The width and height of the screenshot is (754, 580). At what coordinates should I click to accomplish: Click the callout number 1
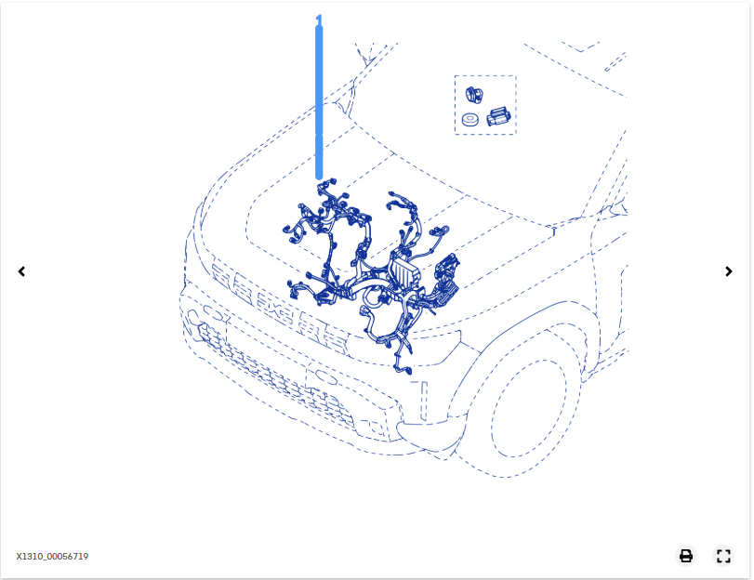(x=318, y=20)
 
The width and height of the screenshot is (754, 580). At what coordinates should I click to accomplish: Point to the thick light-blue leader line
(x=319, y=102)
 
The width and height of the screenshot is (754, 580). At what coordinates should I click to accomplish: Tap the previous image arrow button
(x=21, y=271)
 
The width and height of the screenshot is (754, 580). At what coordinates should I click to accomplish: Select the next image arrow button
(x=729, y=271)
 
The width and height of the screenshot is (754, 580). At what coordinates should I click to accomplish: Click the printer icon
(x=686, y=556)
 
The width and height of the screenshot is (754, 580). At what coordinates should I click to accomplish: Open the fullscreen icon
(x=723, y=556)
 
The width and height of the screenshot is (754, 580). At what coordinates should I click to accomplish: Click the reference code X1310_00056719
(x=52, y=557)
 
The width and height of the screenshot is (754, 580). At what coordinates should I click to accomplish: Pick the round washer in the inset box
(x=470, y=119)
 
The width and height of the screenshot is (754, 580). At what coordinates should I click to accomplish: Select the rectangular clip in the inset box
(x=498, y=117)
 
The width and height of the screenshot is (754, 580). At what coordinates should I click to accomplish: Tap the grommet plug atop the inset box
(x=473, y=94)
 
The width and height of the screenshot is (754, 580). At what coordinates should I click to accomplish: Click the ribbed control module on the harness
(x=404, y=272)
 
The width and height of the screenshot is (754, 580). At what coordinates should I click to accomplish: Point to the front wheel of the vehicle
(x=529, y=408)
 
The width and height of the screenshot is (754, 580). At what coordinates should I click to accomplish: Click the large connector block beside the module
(x=446, y=283)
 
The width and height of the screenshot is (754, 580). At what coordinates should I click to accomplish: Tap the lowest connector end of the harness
(x=403, y=369)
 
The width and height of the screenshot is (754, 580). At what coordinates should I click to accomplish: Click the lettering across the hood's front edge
(x=279, y=305)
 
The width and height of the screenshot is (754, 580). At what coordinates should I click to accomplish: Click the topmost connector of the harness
(x=330, y=183)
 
